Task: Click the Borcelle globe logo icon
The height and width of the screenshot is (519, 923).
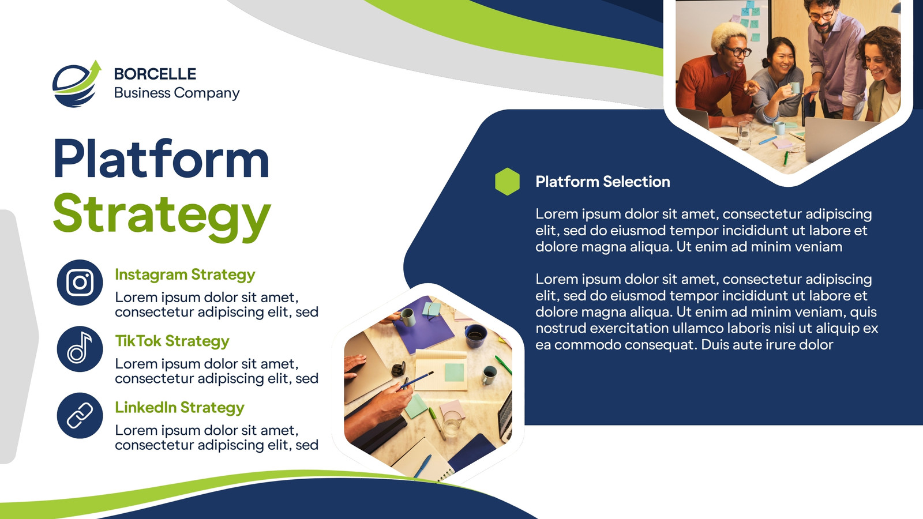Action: [x=77, y=84]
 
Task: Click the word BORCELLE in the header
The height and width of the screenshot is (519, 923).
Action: [x=155, y=74]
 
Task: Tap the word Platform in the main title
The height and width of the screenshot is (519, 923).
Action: [x=161, y=159]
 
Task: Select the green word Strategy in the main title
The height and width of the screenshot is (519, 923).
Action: [x=162, y=216]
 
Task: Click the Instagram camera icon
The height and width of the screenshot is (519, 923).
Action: [x=80, y=283]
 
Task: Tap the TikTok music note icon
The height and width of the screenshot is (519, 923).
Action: [x=80, y=349]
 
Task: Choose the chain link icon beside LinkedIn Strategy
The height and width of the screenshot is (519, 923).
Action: [x=80, y=415]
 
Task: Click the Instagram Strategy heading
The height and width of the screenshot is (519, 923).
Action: [x=185, y=274]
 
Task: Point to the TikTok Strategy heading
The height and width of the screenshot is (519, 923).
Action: [x=172, y=341]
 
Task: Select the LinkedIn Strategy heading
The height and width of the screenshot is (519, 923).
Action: [x=179, y=407]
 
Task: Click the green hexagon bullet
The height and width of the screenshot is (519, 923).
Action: [x=507, y=181]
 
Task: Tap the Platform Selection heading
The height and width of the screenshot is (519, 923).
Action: [x=603, y=182]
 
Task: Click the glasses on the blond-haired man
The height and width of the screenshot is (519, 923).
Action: [x=738, y=51]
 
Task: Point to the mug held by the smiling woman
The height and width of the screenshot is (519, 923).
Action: [x=795, y=88]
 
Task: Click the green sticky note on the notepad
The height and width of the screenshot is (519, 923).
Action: [x=454, y=373]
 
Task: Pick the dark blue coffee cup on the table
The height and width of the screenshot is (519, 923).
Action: [x=475, y=336]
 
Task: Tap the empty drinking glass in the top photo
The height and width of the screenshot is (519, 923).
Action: [x=744, y=135]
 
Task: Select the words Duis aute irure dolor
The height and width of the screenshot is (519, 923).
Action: [x=767, y=345]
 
